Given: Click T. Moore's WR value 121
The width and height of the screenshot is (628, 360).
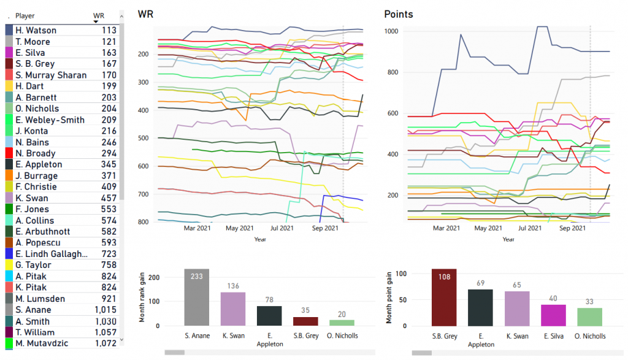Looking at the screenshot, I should pyautogui.click(x=109, y=41).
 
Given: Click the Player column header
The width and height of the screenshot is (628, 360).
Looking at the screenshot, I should pyautogui.click(x=25, y=15).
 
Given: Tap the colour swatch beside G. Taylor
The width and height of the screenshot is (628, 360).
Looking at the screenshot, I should pyautogui.click(x=9, y=265).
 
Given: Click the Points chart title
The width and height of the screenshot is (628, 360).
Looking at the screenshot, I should pyautogui.click(x=398, y=14).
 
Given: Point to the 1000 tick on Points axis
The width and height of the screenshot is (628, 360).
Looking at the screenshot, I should pyautogui.click(x=391, y=31).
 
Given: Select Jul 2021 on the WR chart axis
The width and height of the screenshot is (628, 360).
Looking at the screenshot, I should pyautogui.click(x=282, y=228).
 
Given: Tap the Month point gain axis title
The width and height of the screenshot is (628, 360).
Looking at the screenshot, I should pyautogui.click(x=388, y=296).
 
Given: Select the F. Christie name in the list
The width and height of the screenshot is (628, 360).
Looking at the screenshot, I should pyautogui.click(x=37, y=187).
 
